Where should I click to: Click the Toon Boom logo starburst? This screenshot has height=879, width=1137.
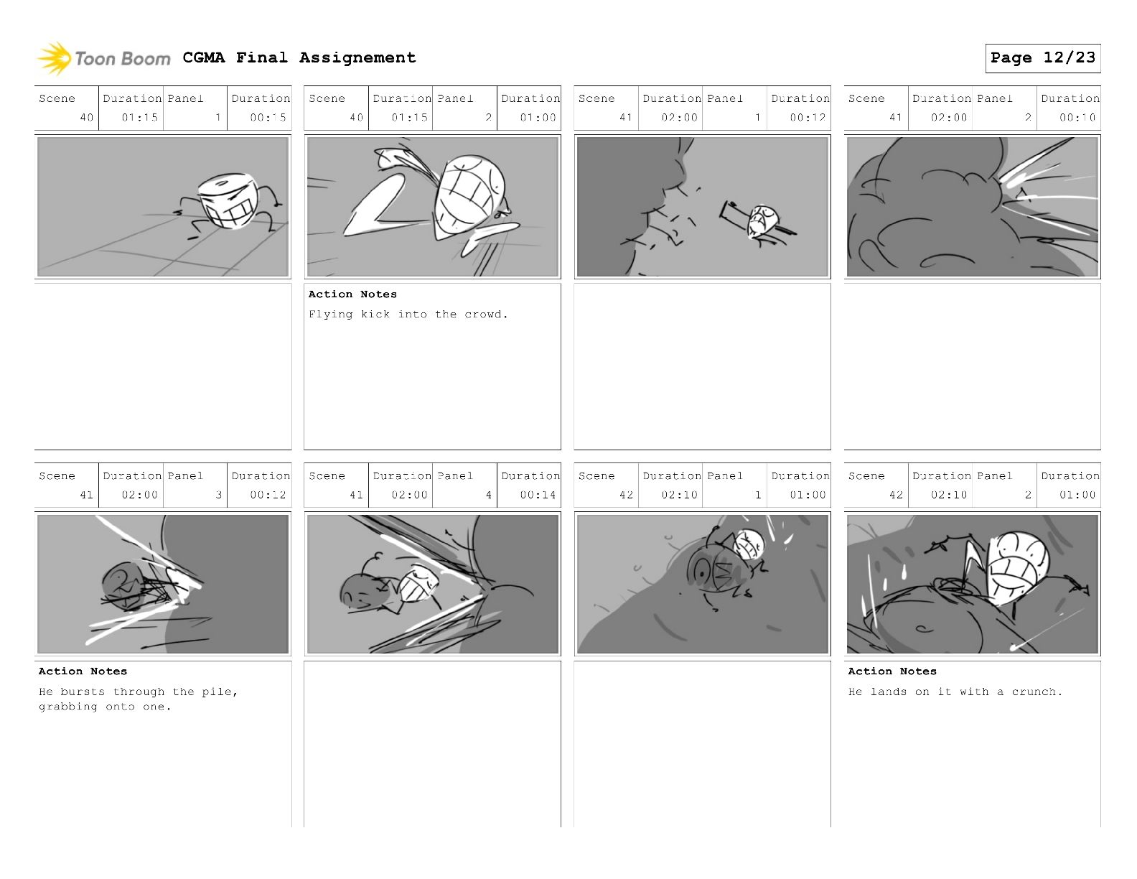53,58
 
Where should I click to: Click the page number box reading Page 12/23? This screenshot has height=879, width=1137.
1042,58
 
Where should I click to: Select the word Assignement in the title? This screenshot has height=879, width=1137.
357,57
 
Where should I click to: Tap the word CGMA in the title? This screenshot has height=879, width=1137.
204,57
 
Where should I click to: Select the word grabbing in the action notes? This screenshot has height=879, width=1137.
68,707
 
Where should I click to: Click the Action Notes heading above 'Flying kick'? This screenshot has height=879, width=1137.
352,294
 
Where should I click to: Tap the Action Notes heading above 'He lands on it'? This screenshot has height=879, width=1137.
892,671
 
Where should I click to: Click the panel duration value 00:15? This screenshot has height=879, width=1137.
268,118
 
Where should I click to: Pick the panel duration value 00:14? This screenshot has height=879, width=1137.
538,495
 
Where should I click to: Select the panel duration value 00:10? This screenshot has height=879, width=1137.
1077,118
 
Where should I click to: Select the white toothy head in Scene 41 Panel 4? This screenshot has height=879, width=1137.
418,583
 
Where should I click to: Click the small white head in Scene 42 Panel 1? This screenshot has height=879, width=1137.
748,545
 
